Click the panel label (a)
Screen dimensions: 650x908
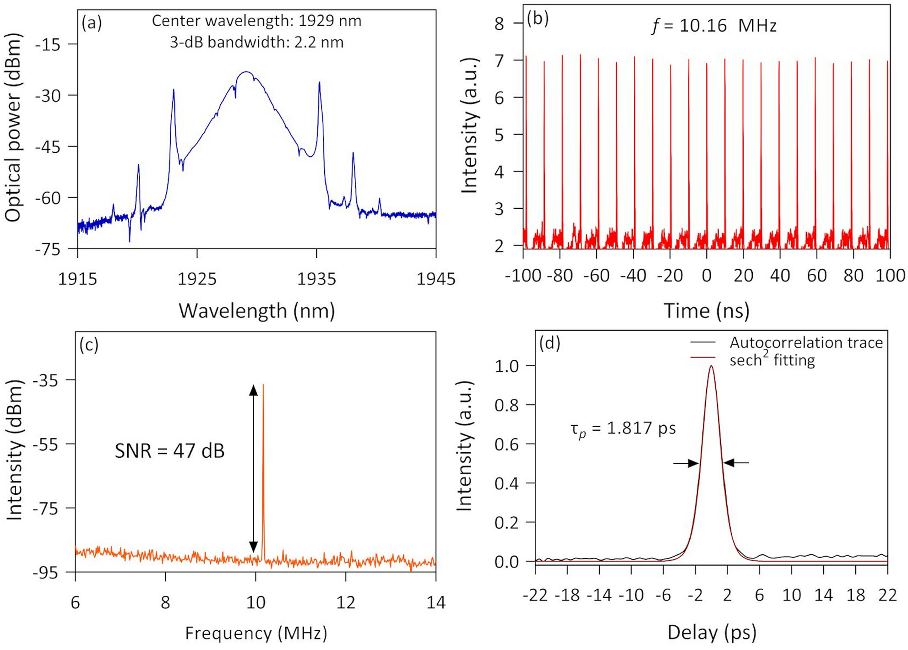coord(92,22)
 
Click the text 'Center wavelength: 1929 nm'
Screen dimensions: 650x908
coord(256,21)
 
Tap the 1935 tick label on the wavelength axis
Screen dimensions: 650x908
coord(316,278)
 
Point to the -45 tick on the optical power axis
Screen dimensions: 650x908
coord(48,147)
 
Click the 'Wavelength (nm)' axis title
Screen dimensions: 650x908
coord(256,311)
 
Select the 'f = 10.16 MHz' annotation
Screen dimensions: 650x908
coord(714,26)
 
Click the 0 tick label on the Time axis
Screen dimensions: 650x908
coord(707,276)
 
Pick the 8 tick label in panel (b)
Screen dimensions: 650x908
coord(499,23)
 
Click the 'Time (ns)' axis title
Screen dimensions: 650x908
coord(707,311)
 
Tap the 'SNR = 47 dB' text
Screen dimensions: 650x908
coord(169,451)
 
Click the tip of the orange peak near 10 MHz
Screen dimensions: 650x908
coord(263,385)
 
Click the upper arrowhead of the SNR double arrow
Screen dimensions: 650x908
coord(253,390)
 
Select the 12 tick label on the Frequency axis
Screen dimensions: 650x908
coord(346,602)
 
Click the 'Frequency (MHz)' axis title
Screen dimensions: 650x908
coord(256,633)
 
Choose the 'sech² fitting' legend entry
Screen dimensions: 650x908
coord(772,360)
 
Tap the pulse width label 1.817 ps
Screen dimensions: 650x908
coord(623,428)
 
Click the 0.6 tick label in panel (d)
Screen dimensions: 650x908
coord(506,444)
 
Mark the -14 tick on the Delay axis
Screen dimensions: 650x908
coord(599,595)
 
